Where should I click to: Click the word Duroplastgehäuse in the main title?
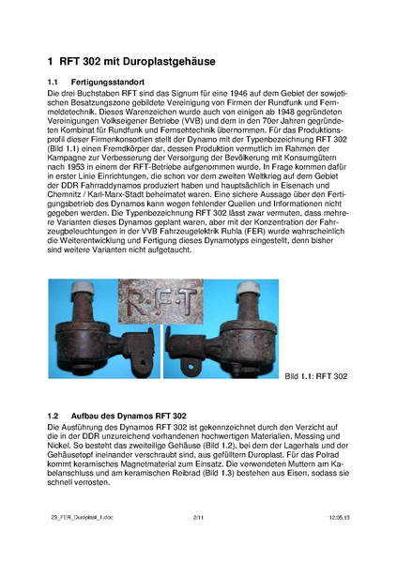(x=164, y=62)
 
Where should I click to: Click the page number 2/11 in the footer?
(x=198, y=544)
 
